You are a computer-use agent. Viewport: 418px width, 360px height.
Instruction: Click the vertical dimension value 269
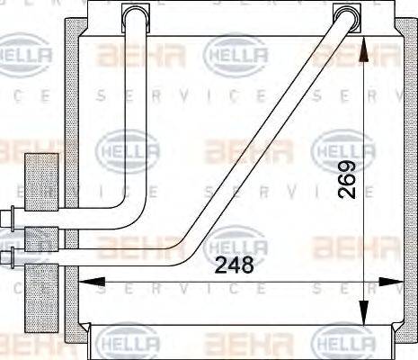point(348,179)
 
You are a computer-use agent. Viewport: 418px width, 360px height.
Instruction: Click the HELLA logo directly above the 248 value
point(236,241)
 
